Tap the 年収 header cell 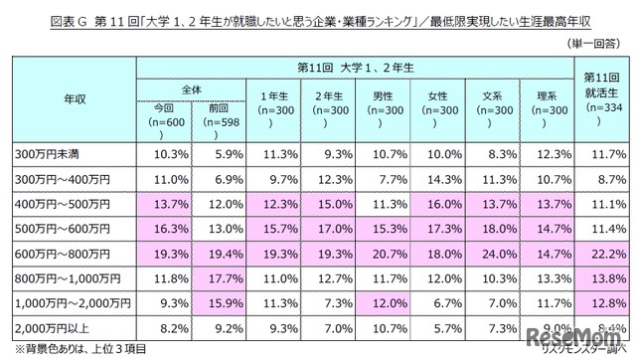pos(70,98)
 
